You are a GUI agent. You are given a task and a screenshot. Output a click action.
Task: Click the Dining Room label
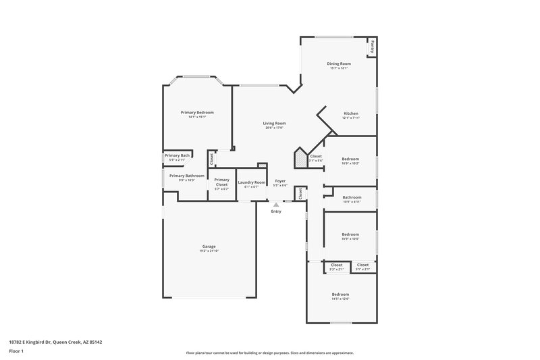[x=340, y=63]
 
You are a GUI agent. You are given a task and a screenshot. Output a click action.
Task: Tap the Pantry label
[x=371, y=48]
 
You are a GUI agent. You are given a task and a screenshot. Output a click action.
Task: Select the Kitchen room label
[x=350, y=113]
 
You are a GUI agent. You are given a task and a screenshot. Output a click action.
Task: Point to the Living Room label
[x=274, y=124]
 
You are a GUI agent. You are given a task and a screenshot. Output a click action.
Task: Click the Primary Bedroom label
[x=197, y=112]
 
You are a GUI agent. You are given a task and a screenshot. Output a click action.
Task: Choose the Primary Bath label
[x=178, y=155]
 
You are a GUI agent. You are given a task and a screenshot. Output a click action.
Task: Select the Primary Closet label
[x=222, y=182]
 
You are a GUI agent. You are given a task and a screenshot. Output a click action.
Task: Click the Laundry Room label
[x=251, y=182]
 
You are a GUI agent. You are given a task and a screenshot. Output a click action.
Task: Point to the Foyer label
[x=280, y=182]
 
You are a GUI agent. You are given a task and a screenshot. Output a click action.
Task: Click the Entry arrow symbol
[x=275, y=204]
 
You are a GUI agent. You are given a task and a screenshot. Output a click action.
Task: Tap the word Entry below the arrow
[x=276, y=211]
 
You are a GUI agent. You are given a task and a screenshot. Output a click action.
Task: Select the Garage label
[x=209, y=247]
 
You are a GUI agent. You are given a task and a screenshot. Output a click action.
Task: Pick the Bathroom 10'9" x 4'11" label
[x=352, y=197]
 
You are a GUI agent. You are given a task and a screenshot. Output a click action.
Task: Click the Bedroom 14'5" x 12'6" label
[x=340, y=294]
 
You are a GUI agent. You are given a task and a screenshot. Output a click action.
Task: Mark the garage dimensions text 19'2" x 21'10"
[x=209, y=251]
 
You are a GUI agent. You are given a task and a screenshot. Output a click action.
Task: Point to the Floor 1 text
[x=16, y=352]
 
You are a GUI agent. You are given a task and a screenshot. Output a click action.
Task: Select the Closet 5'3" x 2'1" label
[x=336, y=265]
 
